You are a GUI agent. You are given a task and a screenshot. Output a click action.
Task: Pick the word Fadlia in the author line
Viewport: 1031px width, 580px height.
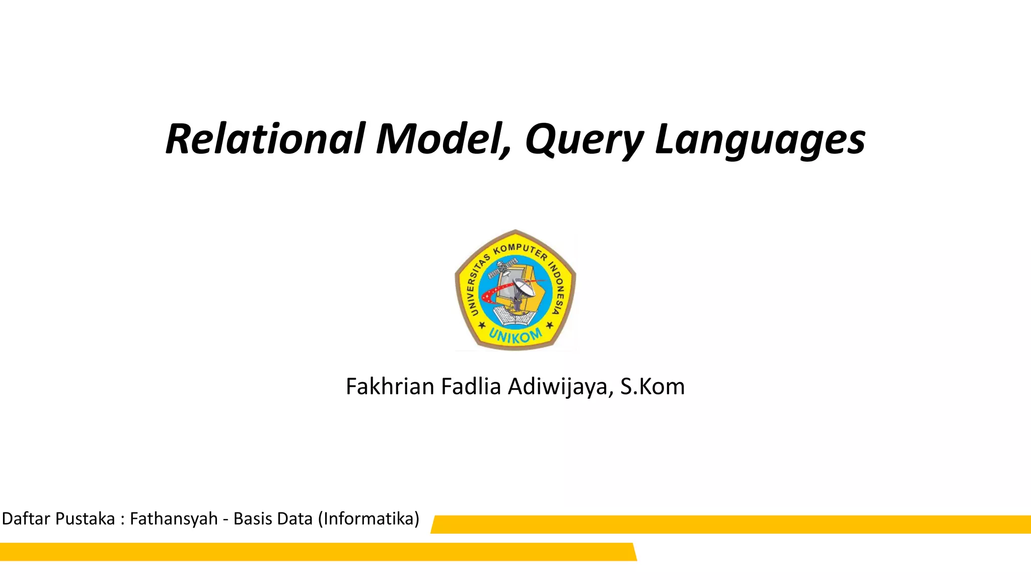tap(471, 387)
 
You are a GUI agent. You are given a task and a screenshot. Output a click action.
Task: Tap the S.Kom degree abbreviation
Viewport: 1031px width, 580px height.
tap(652, 387)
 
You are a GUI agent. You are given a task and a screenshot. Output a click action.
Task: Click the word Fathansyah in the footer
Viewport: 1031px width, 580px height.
tap(174, 519)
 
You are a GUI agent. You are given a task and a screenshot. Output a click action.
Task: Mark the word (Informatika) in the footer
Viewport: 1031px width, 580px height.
tap(369, 519)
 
